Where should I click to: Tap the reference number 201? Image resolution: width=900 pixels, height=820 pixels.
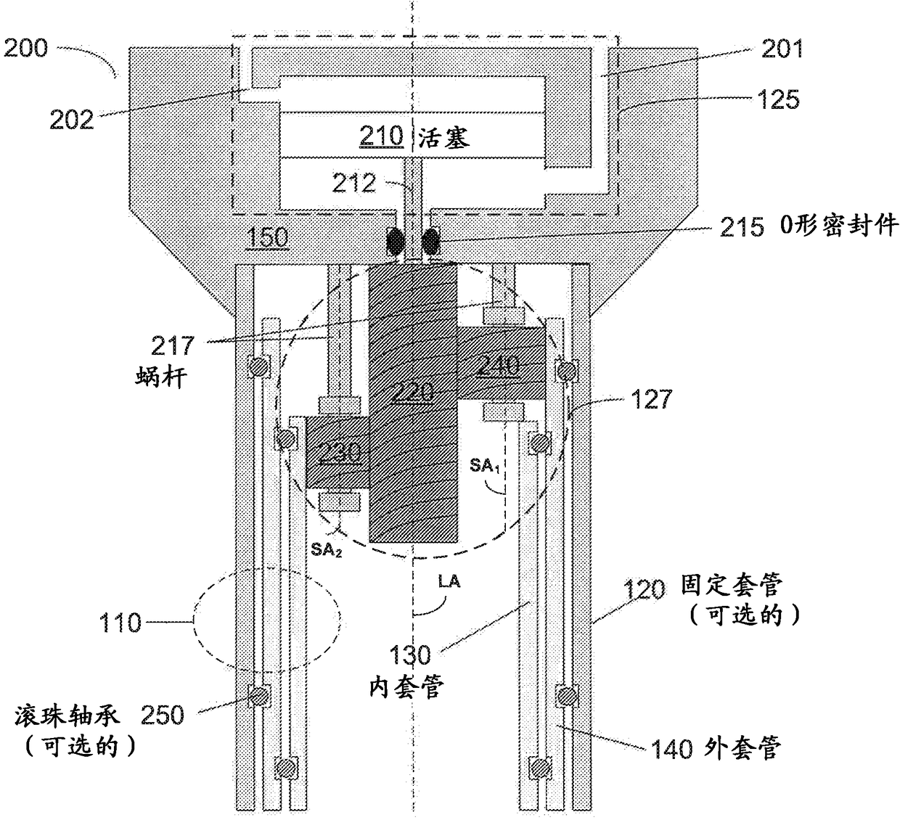782,49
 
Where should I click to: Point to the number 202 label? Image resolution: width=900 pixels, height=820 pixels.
71,120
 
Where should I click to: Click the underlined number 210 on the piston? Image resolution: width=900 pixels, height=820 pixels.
382,136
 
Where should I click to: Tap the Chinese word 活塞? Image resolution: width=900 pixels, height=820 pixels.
444,136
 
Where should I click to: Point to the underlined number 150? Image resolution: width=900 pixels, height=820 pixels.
268,237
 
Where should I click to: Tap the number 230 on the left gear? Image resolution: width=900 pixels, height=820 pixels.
339,454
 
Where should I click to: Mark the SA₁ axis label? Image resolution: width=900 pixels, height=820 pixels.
484,465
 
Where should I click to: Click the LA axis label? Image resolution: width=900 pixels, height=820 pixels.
449,581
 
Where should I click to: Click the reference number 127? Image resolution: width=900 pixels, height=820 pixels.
651,398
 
